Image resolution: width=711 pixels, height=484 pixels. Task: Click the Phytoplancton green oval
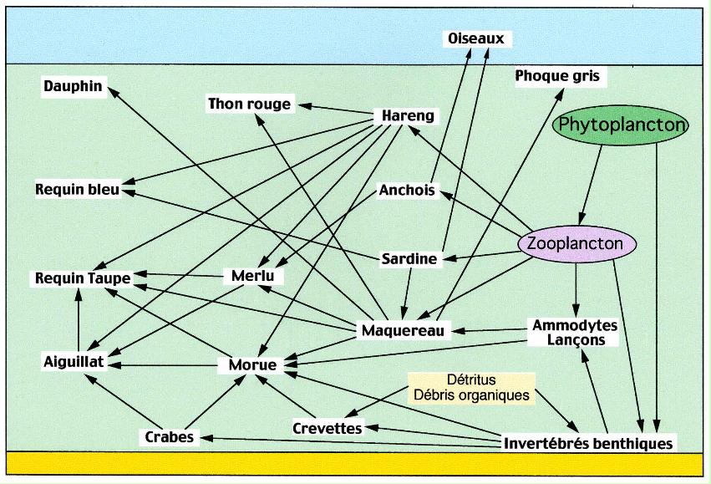pos(622,125)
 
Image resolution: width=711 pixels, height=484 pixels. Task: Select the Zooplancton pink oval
pos(577,243)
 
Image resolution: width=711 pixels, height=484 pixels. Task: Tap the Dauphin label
pos(72,85)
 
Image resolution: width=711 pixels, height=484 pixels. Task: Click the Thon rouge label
pos(249,104)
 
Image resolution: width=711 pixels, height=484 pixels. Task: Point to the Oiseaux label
pos(475,38)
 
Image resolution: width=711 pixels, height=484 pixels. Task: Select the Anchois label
pos(407,191)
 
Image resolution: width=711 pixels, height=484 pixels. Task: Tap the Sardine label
pos(409,258)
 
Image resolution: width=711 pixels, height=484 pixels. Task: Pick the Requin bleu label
pos(78,189)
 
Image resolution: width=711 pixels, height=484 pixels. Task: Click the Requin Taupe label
pos(78,278)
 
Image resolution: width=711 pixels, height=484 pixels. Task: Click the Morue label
pos(252,364)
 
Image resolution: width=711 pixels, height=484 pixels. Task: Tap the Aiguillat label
pos(74,361)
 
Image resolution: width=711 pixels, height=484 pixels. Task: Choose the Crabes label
pos(169,436)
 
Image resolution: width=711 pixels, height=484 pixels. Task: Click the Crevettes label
pos(328,428)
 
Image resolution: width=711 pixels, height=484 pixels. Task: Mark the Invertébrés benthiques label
pos(588,443)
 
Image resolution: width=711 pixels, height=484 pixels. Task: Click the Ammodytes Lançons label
pos(575,332)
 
